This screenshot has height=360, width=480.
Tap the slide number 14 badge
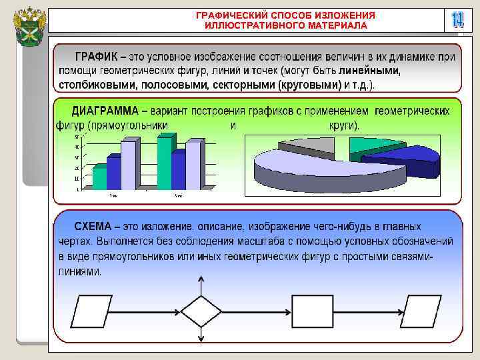[x=457, y=20]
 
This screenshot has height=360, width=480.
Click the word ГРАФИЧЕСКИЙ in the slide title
[x=229, y=15]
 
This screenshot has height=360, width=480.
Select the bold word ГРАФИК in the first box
[x=97, y=57]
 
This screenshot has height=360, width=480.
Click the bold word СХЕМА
[x=93, y=226]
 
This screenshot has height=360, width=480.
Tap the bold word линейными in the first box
[x=370, y=71]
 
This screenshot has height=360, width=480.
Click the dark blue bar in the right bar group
[x=177, y=171]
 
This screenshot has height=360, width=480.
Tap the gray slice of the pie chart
[x=307, y=145]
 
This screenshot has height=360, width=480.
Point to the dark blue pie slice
[x=407, y=163]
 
